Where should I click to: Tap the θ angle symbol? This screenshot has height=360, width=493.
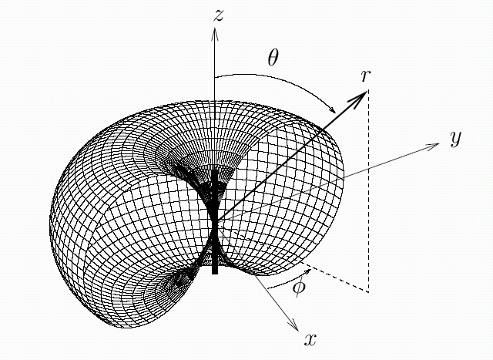point(273,57)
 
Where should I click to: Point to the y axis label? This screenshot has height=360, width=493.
point(455,138)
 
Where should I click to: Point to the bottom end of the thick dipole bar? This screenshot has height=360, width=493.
point(215,271)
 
